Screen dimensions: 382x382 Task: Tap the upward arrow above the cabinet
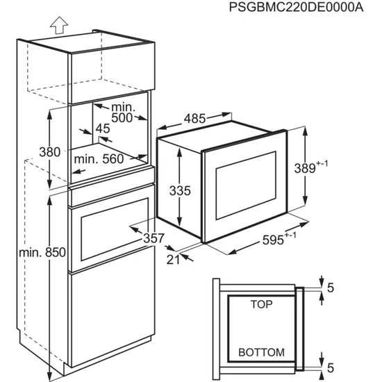tap(58, 26)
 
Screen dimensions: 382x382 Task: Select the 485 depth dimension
tap(195, 119)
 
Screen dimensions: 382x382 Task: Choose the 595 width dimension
tap(278, 240)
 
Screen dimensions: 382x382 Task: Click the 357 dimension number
tap(153, 238)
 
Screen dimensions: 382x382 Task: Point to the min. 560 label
tap(99, 159)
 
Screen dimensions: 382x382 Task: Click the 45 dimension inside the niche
tap(102, 128)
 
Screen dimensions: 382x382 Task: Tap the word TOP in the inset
tap(261, 304)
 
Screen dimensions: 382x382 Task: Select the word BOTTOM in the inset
tap(261, 353)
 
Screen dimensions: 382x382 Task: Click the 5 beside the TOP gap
tap(331, 286)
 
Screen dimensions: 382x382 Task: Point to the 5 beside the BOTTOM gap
tap(331, 367)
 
